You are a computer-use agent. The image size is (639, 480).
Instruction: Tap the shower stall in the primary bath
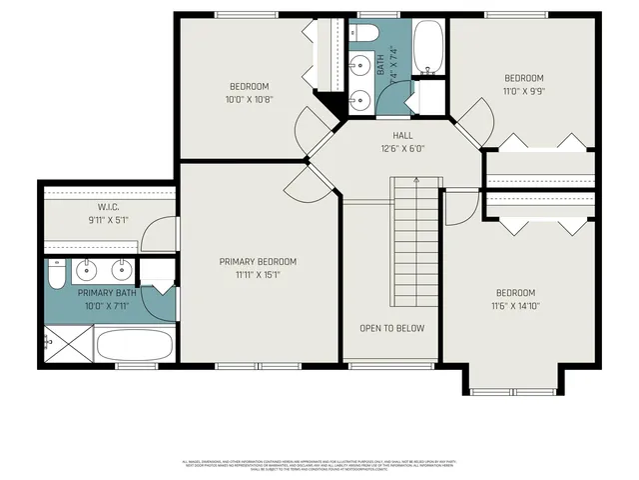pyautogui.click(x=68, y=342)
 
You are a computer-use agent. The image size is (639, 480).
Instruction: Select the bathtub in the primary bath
pyautogui.click(x=135, y=346)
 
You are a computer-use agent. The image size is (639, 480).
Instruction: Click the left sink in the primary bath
pyautogui.click(x=87, y=268)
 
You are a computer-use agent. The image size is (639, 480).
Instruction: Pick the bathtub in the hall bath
pyautogui.click(x=429, y=47)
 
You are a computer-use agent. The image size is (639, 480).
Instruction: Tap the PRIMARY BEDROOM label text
pyautogui.click(x=258, y=262)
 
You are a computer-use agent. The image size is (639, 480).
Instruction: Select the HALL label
pyautogui.click(x=402, y=135)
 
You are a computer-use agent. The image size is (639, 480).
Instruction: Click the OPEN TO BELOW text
pyautogui.click(x=392, y=328)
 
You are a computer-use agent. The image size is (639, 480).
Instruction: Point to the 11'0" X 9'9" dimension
pyautogui.click(x=523, y=91)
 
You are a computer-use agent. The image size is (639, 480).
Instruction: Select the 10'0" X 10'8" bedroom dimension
pyautogui.click(x=249, y=99)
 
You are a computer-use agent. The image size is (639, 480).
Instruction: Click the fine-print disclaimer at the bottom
pyautogui.click(x=319, y=464)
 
